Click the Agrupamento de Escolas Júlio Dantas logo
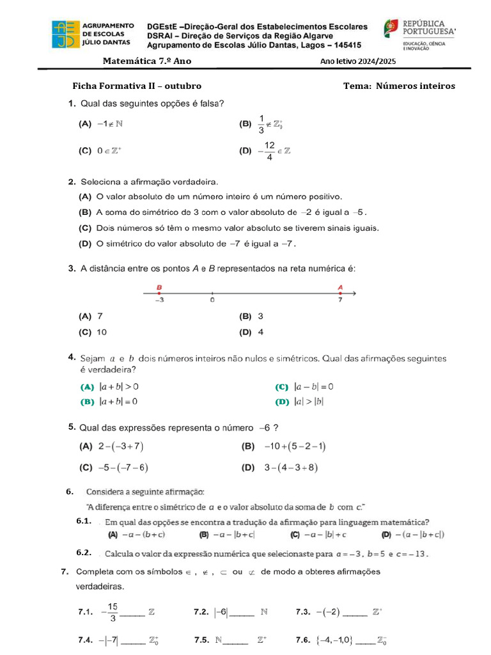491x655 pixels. (67, 35)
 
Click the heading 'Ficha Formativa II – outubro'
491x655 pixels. (137, 86)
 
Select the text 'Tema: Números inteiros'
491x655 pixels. (399, 86)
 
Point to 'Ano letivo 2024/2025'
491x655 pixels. (358, 61)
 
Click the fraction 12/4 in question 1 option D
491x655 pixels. (270, 152)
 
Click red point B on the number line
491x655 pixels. (159, 293)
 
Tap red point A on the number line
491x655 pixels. (340, 293)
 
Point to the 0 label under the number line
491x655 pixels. (212, 299)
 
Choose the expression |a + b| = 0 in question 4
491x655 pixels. (119, 402)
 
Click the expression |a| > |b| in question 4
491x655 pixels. (309, 402)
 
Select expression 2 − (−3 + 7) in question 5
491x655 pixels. (121, 446)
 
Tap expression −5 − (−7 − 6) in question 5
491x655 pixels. (123, 468)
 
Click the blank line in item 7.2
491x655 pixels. (241, 614)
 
